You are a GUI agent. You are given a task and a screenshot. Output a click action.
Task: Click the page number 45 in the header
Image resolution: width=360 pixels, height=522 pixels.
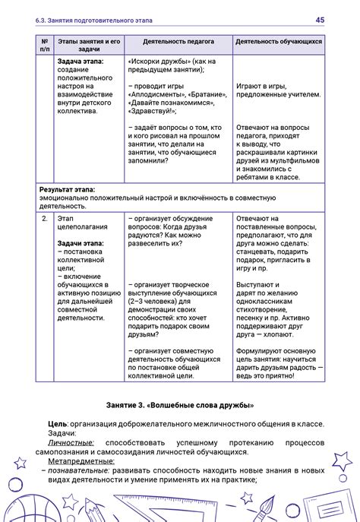321,19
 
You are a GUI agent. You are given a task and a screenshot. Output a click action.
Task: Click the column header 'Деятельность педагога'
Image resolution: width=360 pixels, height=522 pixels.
178,42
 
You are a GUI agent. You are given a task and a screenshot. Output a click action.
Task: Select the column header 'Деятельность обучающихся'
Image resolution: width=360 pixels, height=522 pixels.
279,42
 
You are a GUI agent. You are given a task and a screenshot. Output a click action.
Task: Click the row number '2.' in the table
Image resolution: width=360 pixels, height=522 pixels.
45,218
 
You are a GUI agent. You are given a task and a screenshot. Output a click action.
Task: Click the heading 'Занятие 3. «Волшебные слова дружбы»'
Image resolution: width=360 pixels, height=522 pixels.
180,405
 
